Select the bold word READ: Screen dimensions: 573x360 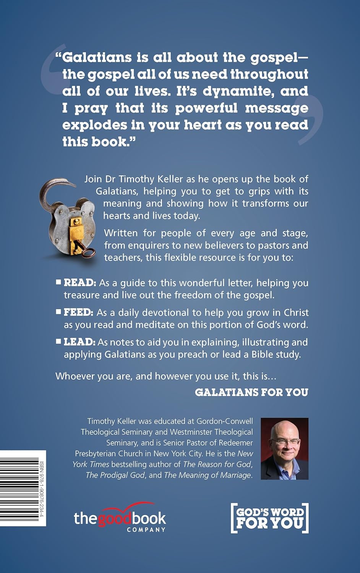click(79, 283)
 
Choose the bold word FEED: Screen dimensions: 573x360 click(78, 312)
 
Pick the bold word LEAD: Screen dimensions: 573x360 click(79, 342)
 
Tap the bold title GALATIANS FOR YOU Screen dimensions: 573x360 click(251, 392)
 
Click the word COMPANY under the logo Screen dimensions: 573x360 click(146, 530)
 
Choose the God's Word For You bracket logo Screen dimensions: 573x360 click(270, 518)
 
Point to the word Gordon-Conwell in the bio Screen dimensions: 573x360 click(225, 421)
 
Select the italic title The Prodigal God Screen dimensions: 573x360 click(115, 475)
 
